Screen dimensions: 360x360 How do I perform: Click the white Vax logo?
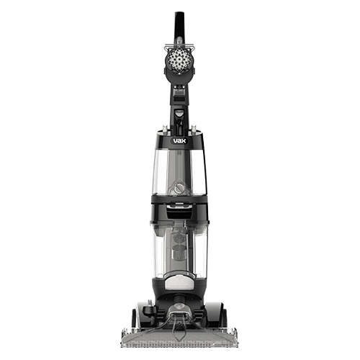180,141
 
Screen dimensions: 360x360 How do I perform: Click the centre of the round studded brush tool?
179,59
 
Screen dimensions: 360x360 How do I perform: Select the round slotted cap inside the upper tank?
179,188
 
